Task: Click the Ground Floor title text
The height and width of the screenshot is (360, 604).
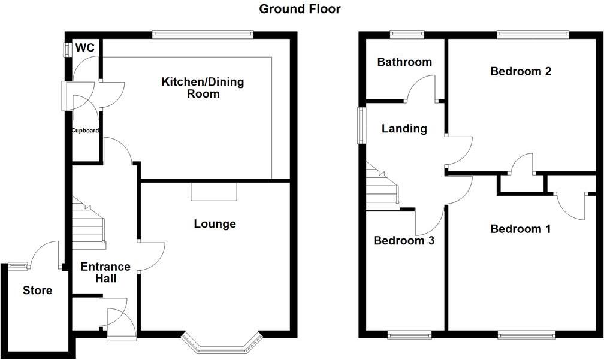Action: [300, 9]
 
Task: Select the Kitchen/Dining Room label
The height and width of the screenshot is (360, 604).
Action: [203, 87]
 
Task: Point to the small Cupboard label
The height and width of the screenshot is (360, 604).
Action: [84, 131]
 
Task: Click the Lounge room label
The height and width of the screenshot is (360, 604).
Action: [215, 224]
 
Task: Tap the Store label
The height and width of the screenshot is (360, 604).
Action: [37, 291]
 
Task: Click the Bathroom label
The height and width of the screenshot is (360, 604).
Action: [404, 62]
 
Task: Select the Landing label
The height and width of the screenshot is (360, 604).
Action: [404, 128]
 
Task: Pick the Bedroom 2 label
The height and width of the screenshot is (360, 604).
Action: [521, 71]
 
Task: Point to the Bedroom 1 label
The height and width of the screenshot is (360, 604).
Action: [521, 229]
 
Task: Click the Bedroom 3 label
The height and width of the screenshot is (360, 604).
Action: [403, 241]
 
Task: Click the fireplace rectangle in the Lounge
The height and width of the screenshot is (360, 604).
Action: [214, 192]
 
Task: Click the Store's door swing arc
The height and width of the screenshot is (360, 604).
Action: [46, 252]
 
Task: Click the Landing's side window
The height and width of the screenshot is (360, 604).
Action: [361, 125]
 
